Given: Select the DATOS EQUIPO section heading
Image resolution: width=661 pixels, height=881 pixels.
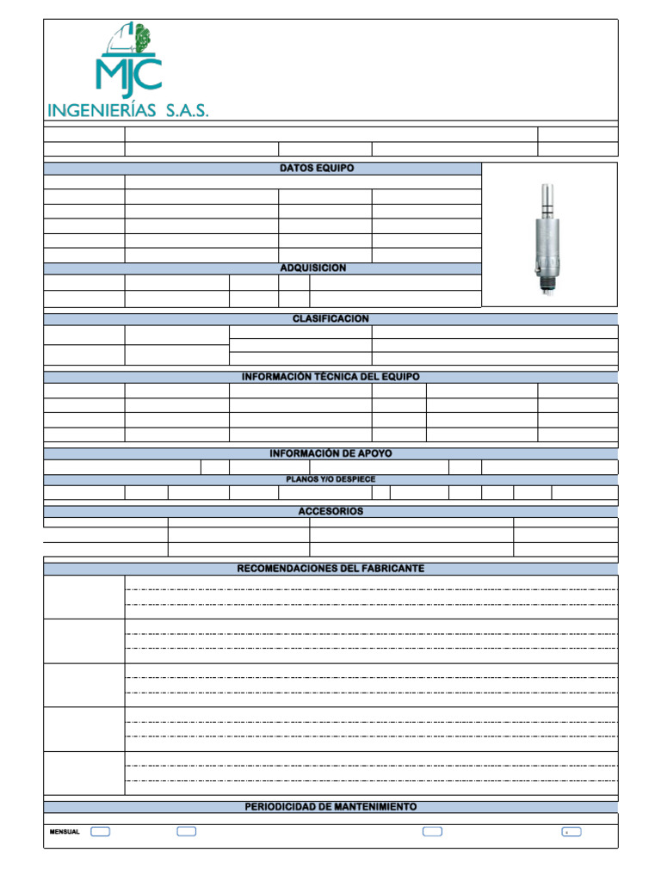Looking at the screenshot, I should (x=316, y=169).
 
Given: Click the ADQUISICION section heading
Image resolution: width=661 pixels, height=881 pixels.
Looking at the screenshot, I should (x=312, y=268).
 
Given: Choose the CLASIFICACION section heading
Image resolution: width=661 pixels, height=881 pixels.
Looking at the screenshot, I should (x=330, y=319).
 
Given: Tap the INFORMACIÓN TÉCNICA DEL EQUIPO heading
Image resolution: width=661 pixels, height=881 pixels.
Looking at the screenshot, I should (x=330, y=377).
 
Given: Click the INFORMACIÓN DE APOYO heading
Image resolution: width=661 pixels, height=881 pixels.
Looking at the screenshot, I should (x=330, y=453).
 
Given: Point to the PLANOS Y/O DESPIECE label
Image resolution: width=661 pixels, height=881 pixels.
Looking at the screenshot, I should (x=330, y=479).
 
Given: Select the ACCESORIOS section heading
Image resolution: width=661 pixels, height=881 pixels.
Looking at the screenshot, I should (x=330, y=511).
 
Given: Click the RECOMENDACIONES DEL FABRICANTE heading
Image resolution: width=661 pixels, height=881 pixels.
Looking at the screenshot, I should (x=330, y=569).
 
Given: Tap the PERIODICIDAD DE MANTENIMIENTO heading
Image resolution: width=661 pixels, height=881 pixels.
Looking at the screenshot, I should (x=330, y=807).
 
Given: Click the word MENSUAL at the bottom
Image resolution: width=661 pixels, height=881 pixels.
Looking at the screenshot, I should (x=65, y=832).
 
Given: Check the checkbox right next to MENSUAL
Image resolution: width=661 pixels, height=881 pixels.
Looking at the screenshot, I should (x=100, y=832).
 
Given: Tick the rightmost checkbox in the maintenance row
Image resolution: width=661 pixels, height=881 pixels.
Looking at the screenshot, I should (x=571, y=832).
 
